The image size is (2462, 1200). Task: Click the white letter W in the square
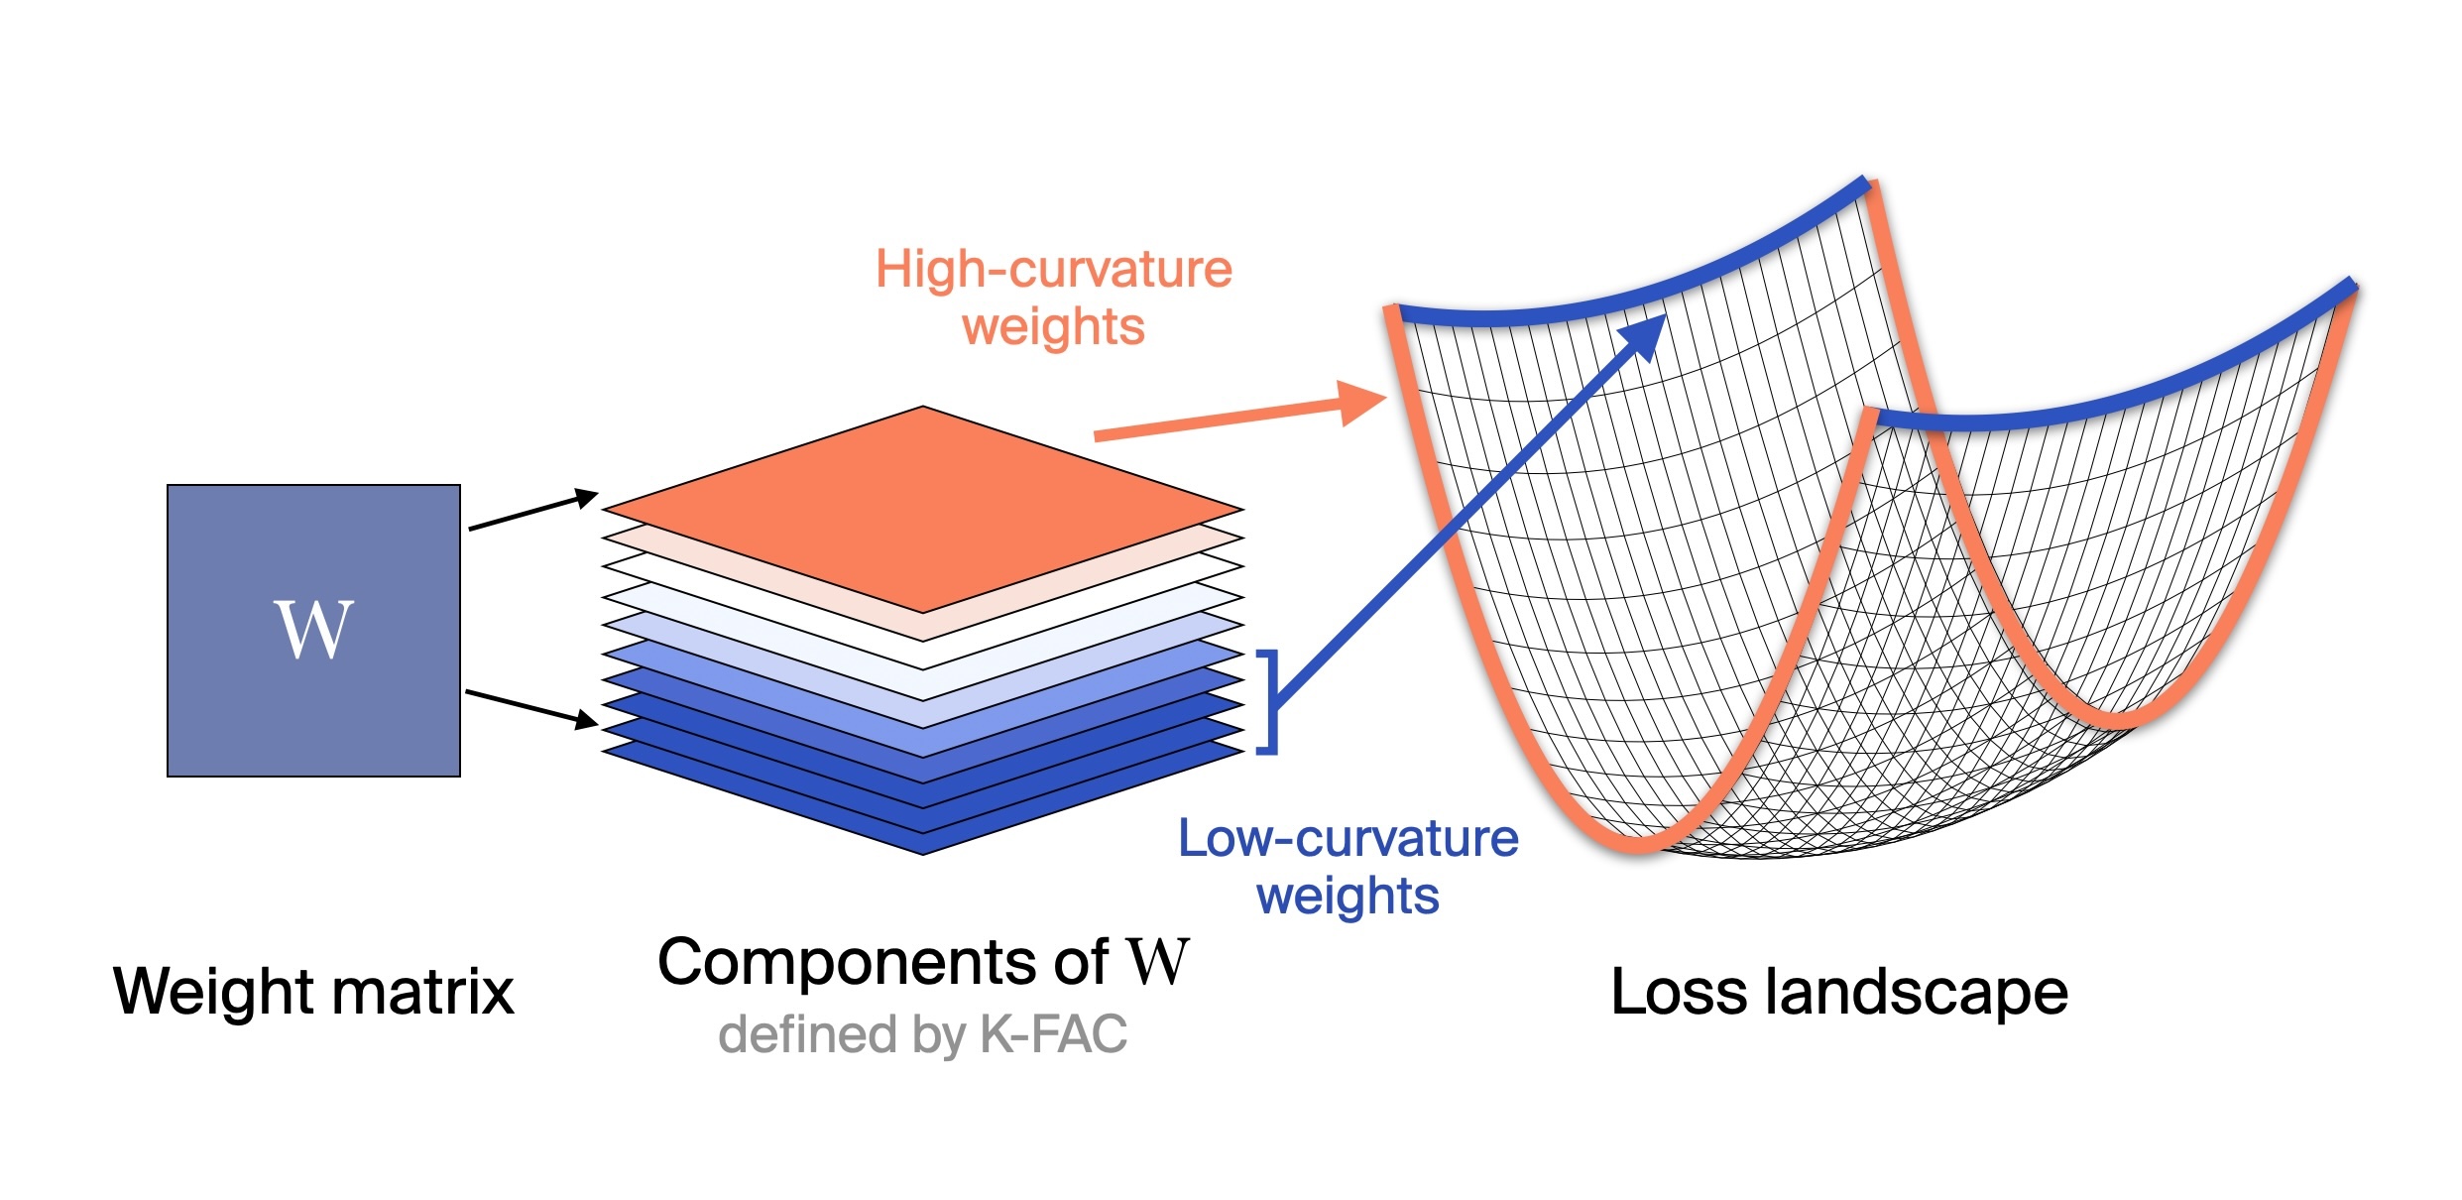[x=313, y=630]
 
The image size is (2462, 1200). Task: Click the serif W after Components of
[x=1157, y=961]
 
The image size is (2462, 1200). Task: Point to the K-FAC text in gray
[x=1053, y=1034]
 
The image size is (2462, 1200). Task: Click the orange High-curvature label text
[x=1053, y=270]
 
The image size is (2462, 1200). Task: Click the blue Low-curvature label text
[x=1348, y=839]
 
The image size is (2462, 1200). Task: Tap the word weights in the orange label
[x=1053, y=327]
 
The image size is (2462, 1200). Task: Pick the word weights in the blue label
[x=1348, y=897]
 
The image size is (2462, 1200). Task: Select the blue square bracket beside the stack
[x=1269, y=702]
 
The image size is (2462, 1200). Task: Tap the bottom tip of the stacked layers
[x=923, y=850]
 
